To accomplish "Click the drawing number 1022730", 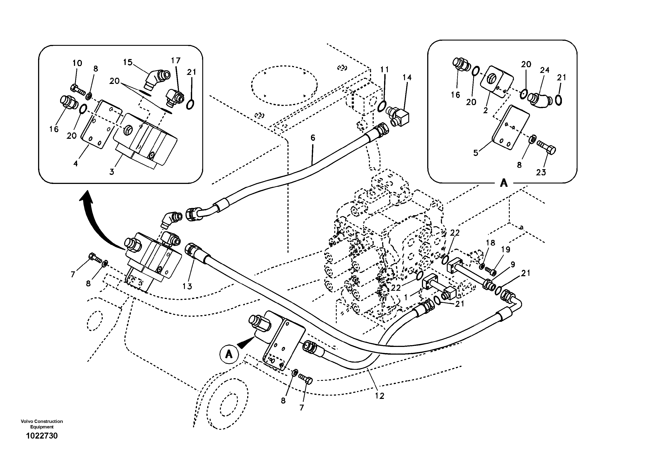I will (x=42, y=436).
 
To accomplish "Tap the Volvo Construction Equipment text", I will (x=42, y=424).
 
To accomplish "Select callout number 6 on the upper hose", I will (x=313, y=138).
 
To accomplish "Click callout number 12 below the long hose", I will (x=380, y=396).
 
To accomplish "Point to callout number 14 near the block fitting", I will (x=407, y=77).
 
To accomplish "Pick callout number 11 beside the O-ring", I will (x=385, y=69).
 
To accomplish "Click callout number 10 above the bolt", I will (x=77, y=63).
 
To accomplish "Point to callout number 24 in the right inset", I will (x=544, y=70).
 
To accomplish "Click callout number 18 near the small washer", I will (x=490, y=243).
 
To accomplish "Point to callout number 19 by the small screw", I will (x=506, y=250).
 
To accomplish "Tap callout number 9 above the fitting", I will (x=513, y=264).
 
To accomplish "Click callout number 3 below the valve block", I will (x=112, y=172).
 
